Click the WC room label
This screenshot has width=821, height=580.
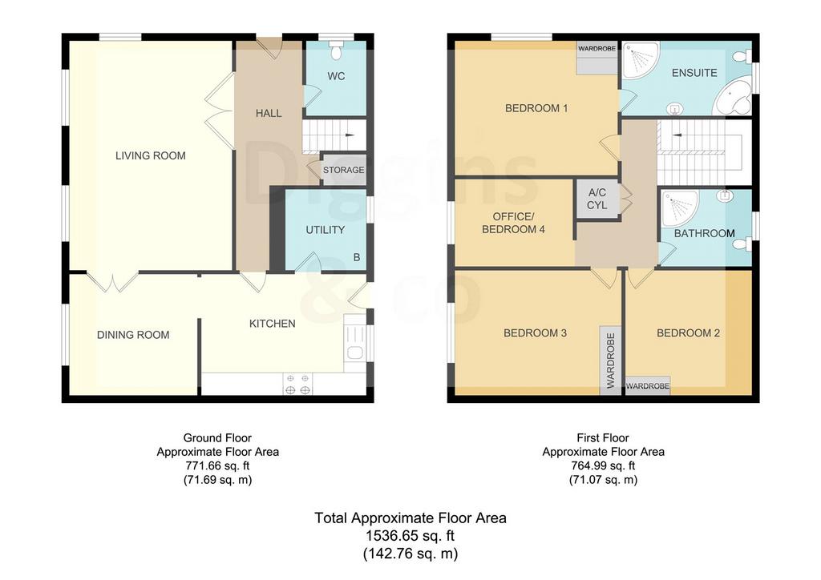pos(336,76)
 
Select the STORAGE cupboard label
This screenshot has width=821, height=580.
pos(343,170)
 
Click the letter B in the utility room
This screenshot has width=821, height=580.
pos(357,257)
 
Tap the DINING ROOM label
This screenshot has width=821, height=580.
pos(133,335)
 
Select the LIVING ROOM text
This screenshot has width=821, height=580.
pos(150,155)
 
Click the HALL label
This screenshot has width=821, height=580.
pos(269,113)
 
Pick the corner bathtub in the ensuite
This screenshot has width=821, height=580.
pos(734,99)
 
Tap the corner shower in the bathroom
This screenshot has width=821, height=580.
pos(680,208)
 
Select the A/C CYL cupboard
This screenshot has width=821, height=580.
pos(597,199)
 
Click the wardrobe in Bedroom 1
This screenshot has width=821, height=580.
pos(597,58)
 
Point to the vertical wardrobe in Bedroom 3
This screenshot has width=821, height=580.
pos(610,360)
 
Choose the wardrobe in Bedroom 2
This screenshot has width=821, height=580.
pos(648,386)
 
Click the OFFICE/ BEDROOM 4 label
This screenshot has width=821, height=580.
pos(513,223)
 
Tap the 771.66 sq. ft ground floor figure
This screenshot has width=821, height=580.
pos(218,465)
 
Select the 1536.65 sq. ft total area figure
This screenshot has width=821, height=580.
pos(410,536)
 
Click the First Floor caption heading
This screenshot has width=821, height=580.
pos(603,437)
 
